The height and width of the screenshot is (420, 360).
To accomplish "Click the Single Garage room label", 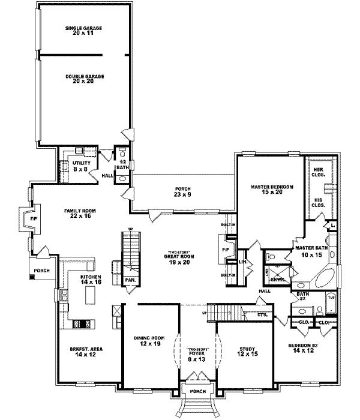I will point(83,31).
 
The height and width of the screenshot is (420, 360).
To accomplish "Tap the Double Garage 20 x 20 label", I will point(83,78).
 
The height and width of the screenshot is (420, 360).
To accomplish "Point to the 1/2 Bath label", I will point(122,165).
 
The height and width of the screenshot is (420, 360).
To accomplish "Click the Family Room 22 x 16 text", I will point(82,214).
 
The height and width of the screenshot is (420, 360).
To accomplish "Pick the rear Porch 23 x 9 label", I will point(182,191).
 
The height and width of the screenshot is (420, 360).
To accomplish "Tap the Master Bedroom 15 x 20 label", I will point(271,190).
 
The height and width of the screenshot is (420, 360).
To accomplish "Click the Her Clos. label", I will point(318,173).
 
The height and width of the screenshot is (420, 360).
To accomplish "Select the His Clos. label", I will point(318,202).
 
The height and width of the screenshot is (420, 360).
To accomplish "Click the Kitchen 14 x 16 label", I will point(92,280).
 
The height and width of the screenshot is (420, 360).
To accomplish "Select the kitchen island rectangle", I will point(91,295).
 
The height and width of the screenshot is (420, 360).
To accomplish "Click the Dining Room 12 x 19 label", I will point(147,341).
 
